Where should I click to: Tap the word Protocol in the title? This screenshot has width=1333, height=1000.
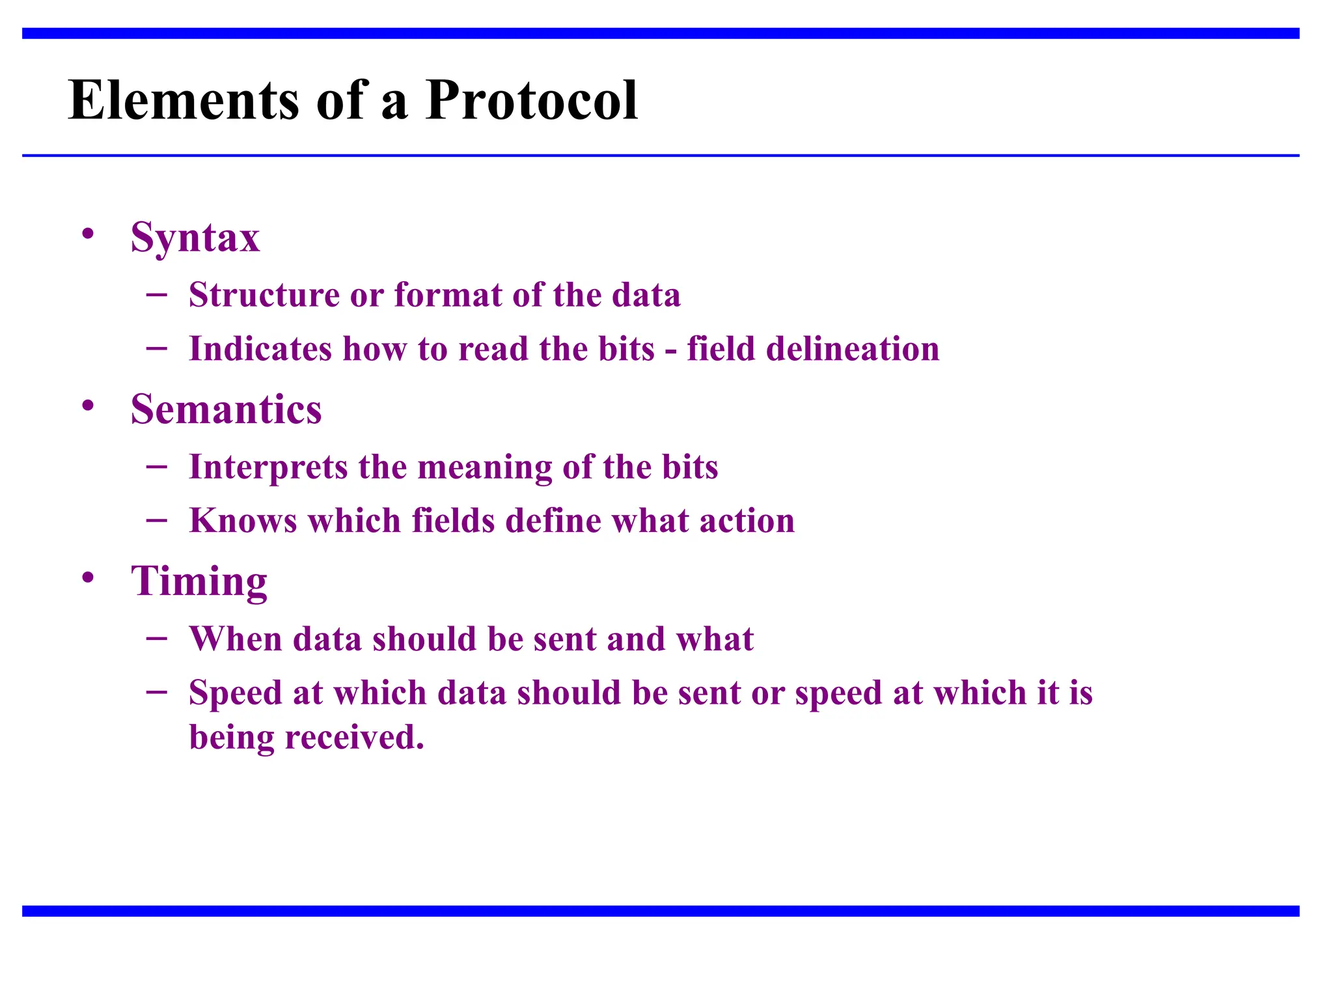click(x=531, y=100)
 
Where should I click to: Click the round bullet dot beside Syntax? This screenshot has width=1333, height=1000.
click(x=89, y=234)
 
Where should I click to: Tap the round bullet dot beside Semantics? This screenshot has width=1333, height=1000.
click(x=89, y=406)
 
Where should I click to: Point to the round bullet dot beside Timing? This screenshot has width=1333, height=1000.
click(x=89, y=577)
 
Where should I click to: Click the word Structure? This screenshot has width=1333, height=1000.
click(x=264, y=295)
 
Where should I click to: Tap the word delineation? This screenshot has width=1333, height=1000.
click(x=853, y=349)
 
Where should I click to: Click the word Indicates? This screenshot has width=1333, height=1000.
click(x=260, y=349)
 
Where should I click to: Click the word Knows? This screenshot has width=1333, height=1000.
click(x=243, y=521)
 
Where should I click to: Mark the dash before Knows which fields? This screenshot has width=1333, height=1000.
click(x=157, y=520)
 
